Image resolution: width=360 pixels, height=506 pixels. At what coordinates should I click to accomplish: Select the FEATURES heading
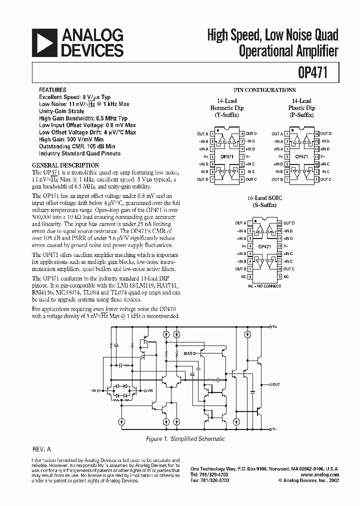click(x=52, y=90)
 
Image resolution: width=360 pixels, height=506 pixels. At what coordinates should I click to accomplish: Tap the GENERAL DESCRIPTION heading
click(x=65, y=165)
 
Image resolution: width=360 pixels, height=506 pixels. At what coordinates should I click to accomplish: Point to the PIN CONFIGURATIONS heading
click(x=271, y=90)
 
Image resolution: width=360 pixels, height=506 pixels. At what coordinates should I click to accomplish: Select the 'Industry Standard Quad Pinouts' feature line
click(x=79, y=153)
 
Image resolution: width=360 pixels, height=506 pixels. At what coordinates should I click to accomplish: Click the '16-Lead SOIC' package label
click(x=265, y=198)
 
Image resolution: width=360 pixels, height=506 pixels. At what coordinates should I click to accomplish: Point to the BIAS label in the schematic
click(x=187, y=353)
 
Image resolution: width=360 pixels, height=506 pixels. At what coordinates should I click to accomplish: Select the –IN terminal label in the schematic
click(x=94, y=389)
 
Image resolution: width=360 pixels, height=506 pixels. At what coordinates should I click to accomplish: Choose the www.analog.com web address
click(x=320, y=474)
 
